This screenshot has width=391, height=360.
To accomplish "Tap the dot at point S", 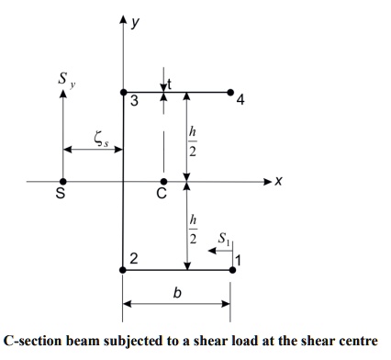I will pos(62,182).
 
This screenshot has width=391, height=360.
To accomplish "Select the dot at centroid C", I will pos(163,182).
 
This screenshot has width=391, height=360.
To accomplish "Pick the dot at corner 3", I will pos(124,92).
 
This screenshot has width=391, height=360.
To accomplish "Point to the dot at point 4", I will pos(230,92).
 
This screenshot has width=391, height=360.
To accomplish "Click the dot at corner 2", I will pos(124,270).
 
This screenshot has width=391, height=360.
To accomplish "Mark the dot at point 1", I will pos(230,270).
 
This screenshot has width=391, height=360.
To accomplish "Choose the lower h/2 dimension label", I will pos(192,226).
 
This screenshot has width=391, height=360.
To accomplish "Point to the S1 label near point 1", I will pos(222,240).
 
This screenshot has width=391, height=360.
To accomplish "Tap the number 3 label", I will pos(134,102).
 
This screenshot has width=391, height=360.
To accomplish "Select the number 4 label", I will pos(240,102).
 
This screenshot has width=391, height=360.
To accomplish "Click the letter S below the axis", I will pos(62,194).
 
